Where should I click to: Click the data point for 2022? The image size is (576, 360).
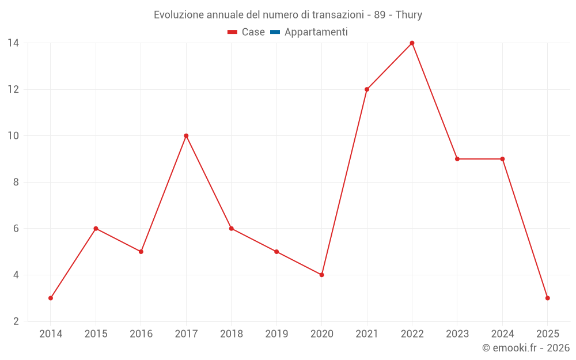(x=412, y=43)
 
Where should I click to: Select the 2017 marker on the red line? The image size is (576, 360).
(x=186, y=136)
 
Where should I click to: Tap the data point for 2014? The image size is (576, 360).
(x=51, y=298)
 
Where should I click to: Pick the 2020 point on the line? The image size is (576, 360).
(x=321, y=275)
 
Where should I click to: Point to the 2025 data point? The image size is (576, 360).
(x=547, y=298)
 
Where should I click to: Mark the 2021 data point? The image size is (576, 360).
(x=367, y=89)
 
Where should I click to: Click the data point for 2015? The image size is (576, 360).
(x=96, y=229)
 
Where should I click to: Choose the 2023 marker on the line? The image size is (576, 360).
(x=457, y=159)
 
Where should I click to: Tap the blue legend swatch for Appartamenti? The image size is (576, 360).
(x=275, y=32)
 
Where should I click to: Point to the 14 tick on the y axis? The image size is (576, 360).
(x=13, y=43)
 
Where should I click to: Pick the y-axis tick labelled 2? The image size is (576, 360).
(x=16, y=321)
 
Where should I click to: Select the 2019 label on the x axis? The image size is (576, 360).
(x=276, y=334)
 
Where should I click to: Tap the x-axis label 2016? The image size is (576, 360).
(x=141, y=334)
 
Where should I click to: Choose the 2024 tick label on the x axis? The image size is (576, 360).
(x=502, y=334)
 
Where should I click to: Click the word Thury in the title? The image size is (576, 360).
(x=409, y=15)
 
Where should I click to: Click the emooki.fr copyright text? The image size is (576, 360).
(x=526, y=348)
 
